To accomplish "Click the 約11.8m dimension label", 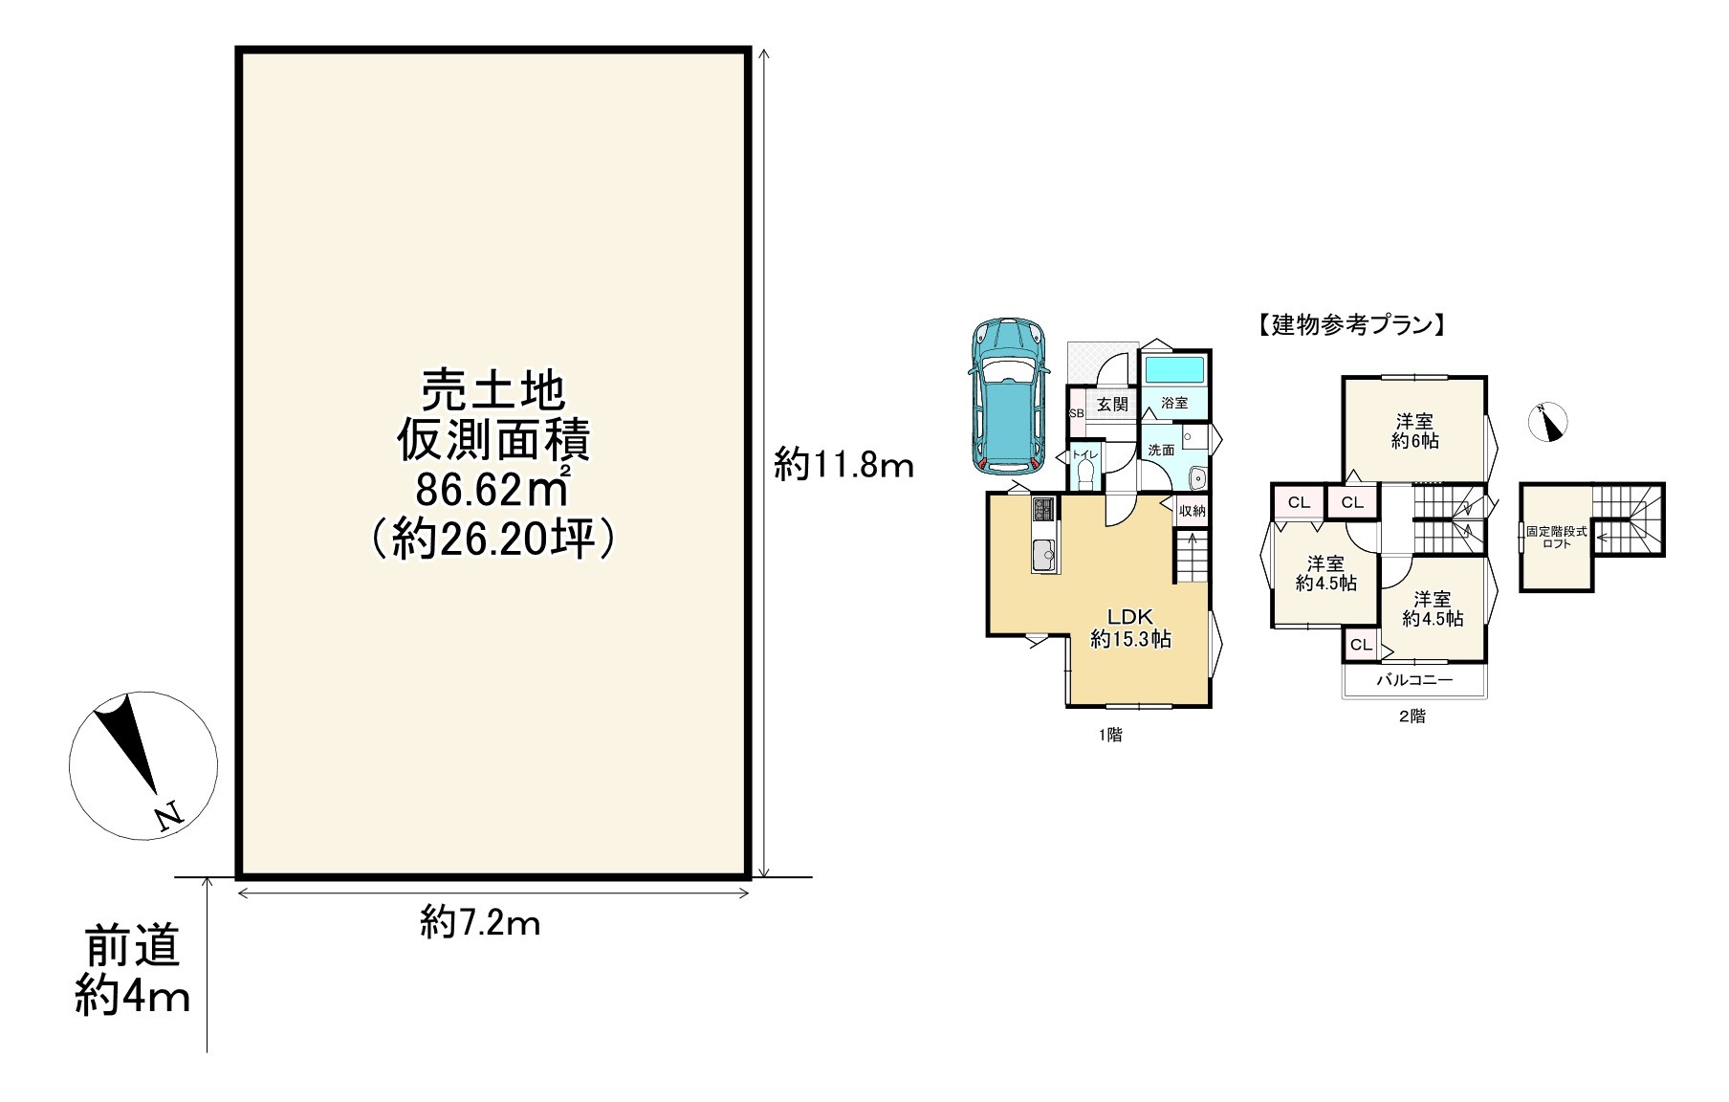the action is pos(844,466).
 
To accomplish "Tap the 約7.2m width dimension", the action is pos(480,923).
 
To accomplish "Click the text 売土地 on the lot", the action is pos(493,391).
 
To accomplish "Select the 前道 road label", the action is pos(133,948).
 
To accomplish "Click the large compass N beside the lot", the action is pos(143,765).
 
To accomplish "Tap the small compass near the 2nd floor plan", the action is pos(1547,422).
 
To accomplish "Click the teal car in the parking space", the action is pos(1008,396).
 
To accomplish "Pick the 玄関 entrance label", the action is pos(1112,405).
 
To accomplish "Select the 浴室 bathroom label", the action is pos(1174,404).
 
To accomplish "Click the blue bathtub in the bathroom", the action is pos(1175,369).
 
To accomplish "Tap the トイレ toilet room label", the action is pos(1084,454).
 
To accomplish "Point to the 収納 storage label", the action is pos(1193,511).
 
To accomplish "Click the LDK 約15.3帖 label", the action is pos(1131,628).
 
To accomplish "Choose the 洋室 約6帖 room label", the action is pos(1414,431).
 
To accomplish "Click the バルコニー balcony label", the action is pos(1414,680).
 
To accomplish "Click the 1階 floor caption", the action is pos(1110,735).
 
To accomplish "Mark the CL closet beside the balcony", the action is pos(1361,645).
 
